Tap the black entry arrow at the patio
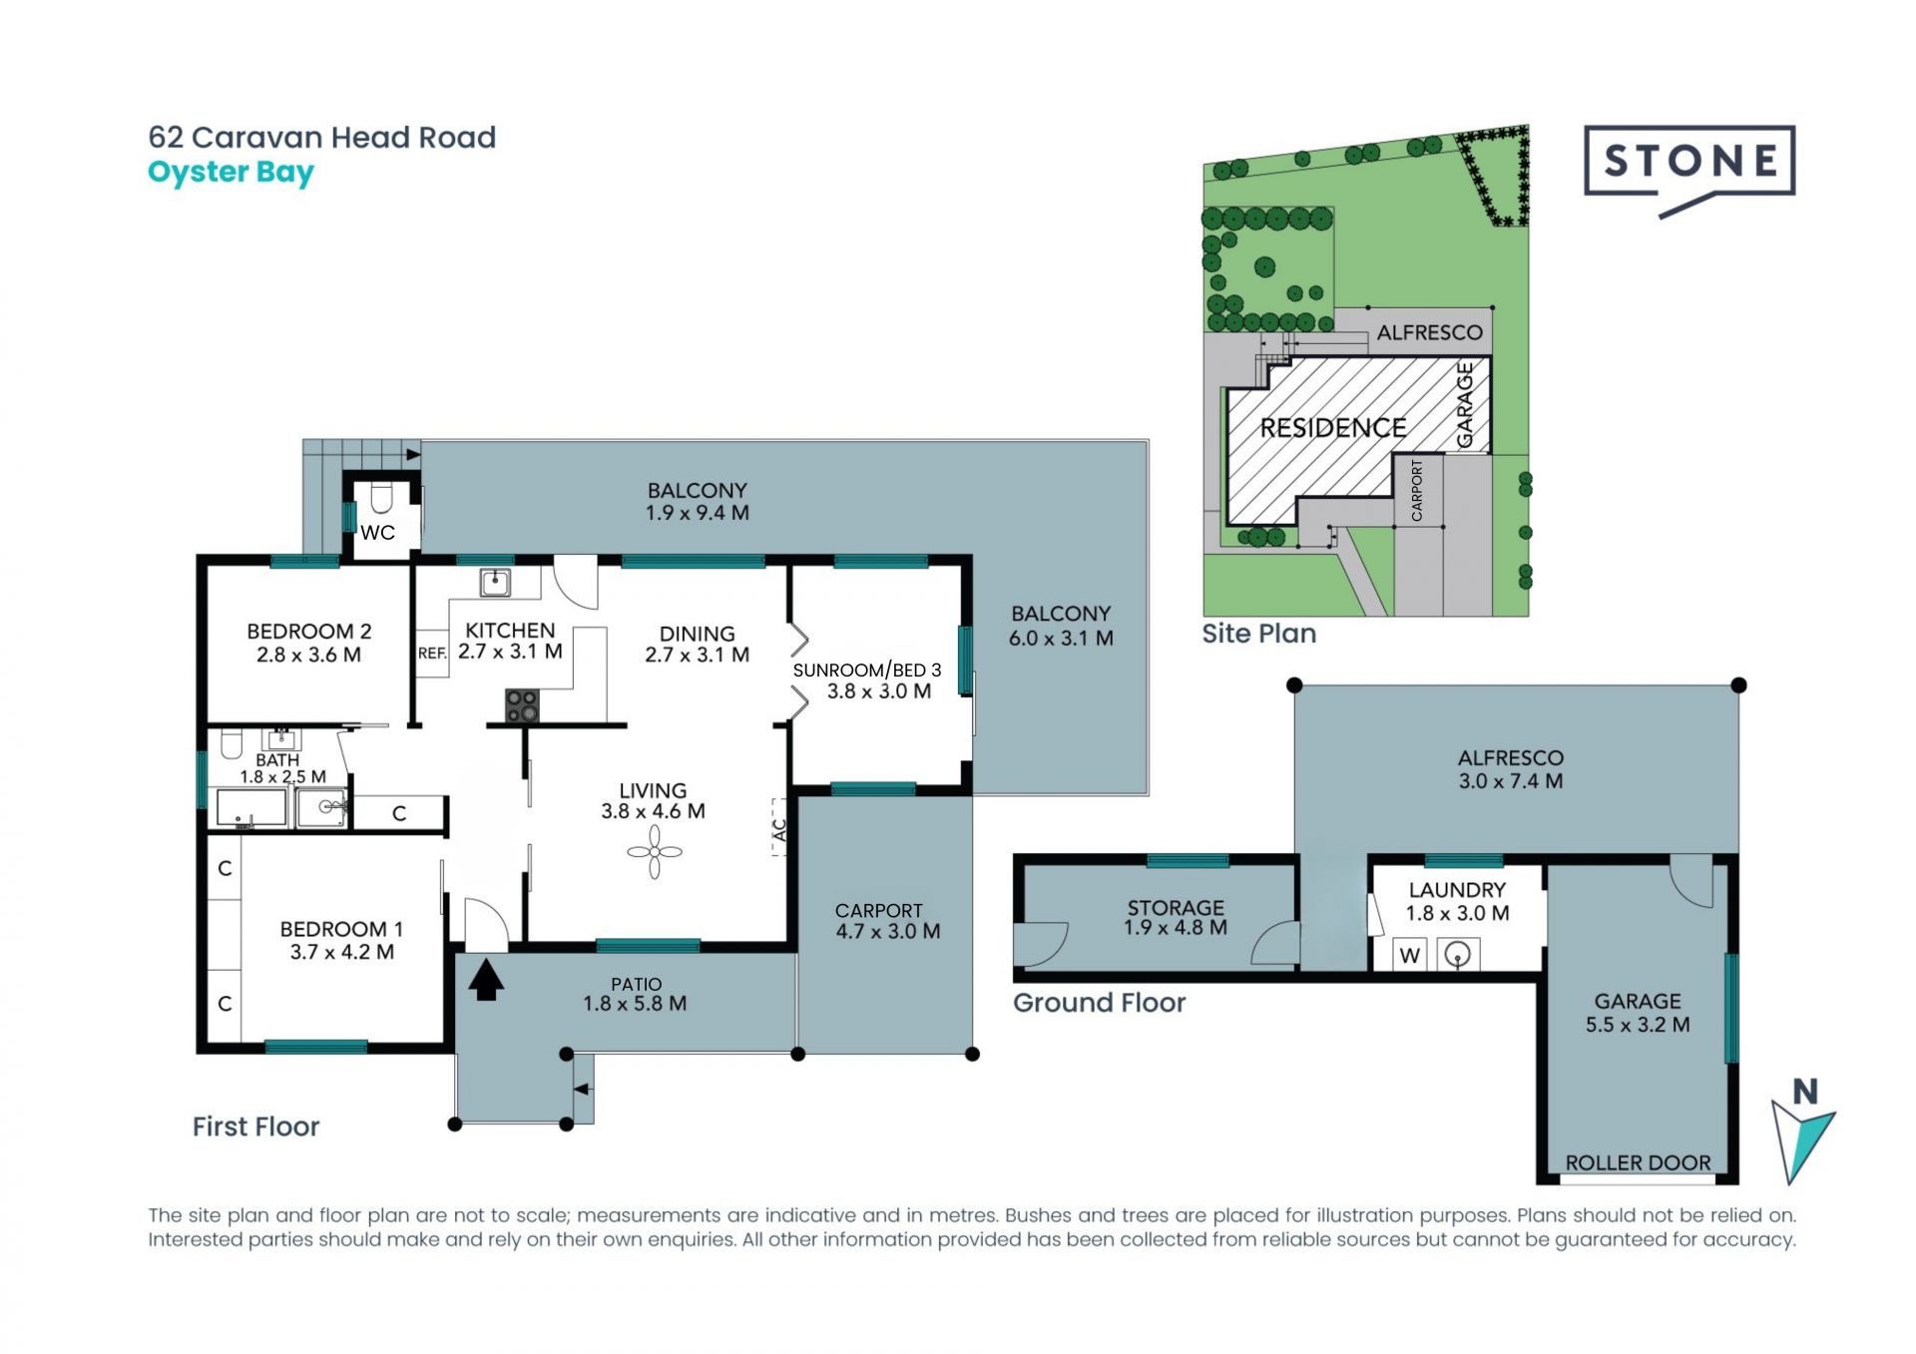pyautogui.click(x=486, y=979)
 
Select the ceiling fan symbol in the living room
pyautogui.click(x=655, y=852)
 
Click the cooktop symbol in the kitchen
pyautogui.click(x=522, y=705)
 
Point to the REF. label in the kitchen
pyautogui.click(x=432, y=654)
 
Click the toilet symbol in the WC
pyautogui.click(x=381, y=497)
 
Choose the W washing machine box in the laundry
pyautogui.click(x=1410, y=955)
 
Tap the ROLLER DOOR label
pyautogui.click(x=1638, y=1162)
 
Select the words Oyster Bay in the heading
pyautogui.click(x=231, y=173)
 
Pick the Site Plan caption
pyautogui.click(x=1259, y=634)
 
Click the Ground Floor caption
pyautogui.click(x=1100, y=1003)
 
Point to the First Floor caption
pyautogui.click(x=255, y=1127)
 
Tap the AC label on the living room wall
pyautogui.click(x=780, y=828)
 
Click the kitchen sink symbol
pyautogui.click(x=495, y=582)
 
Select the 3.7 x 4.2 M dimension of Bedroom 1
pyautogui.click(x=342, y=952)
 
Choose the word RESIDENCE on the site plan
pyautogui.click(x=1333, y=428)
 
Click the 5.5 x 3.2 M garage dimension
pyautogui.click(x=1638, y=1025)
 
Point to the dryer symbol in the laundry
pyautogui.click(x=1458, y=955)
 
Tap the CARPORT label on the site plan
pyautogui.click(x=1417, y=490)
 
